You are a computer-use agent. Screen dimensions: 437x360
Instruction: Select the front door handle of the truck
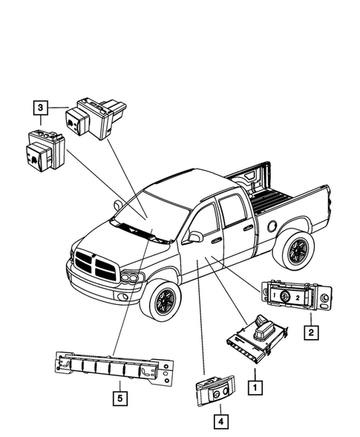tap(216, 240)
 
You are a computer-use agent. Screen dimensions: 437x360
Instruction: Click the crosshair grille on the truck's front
tap(94, 265)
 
